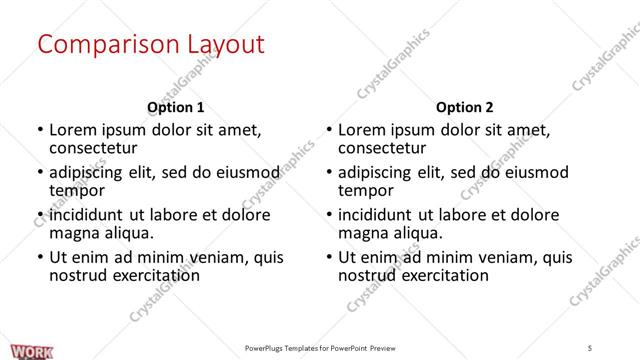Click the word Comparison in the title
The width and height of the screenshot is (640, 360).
point(100,45)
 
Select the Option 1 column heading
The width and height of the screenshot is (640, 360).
point(175,107)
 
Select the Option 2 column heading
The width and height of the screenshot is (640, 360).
point(465,107)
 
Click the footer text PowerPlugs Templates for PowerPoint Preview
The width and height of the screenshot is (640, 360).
point(320,348)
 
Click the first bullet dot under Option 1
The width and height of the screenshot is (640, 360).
point(39,131)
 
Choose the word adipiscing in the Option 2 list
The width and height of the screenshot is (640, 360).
point(381,172)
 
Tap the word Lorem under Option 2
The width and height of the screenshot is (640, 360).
point(363,130)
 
